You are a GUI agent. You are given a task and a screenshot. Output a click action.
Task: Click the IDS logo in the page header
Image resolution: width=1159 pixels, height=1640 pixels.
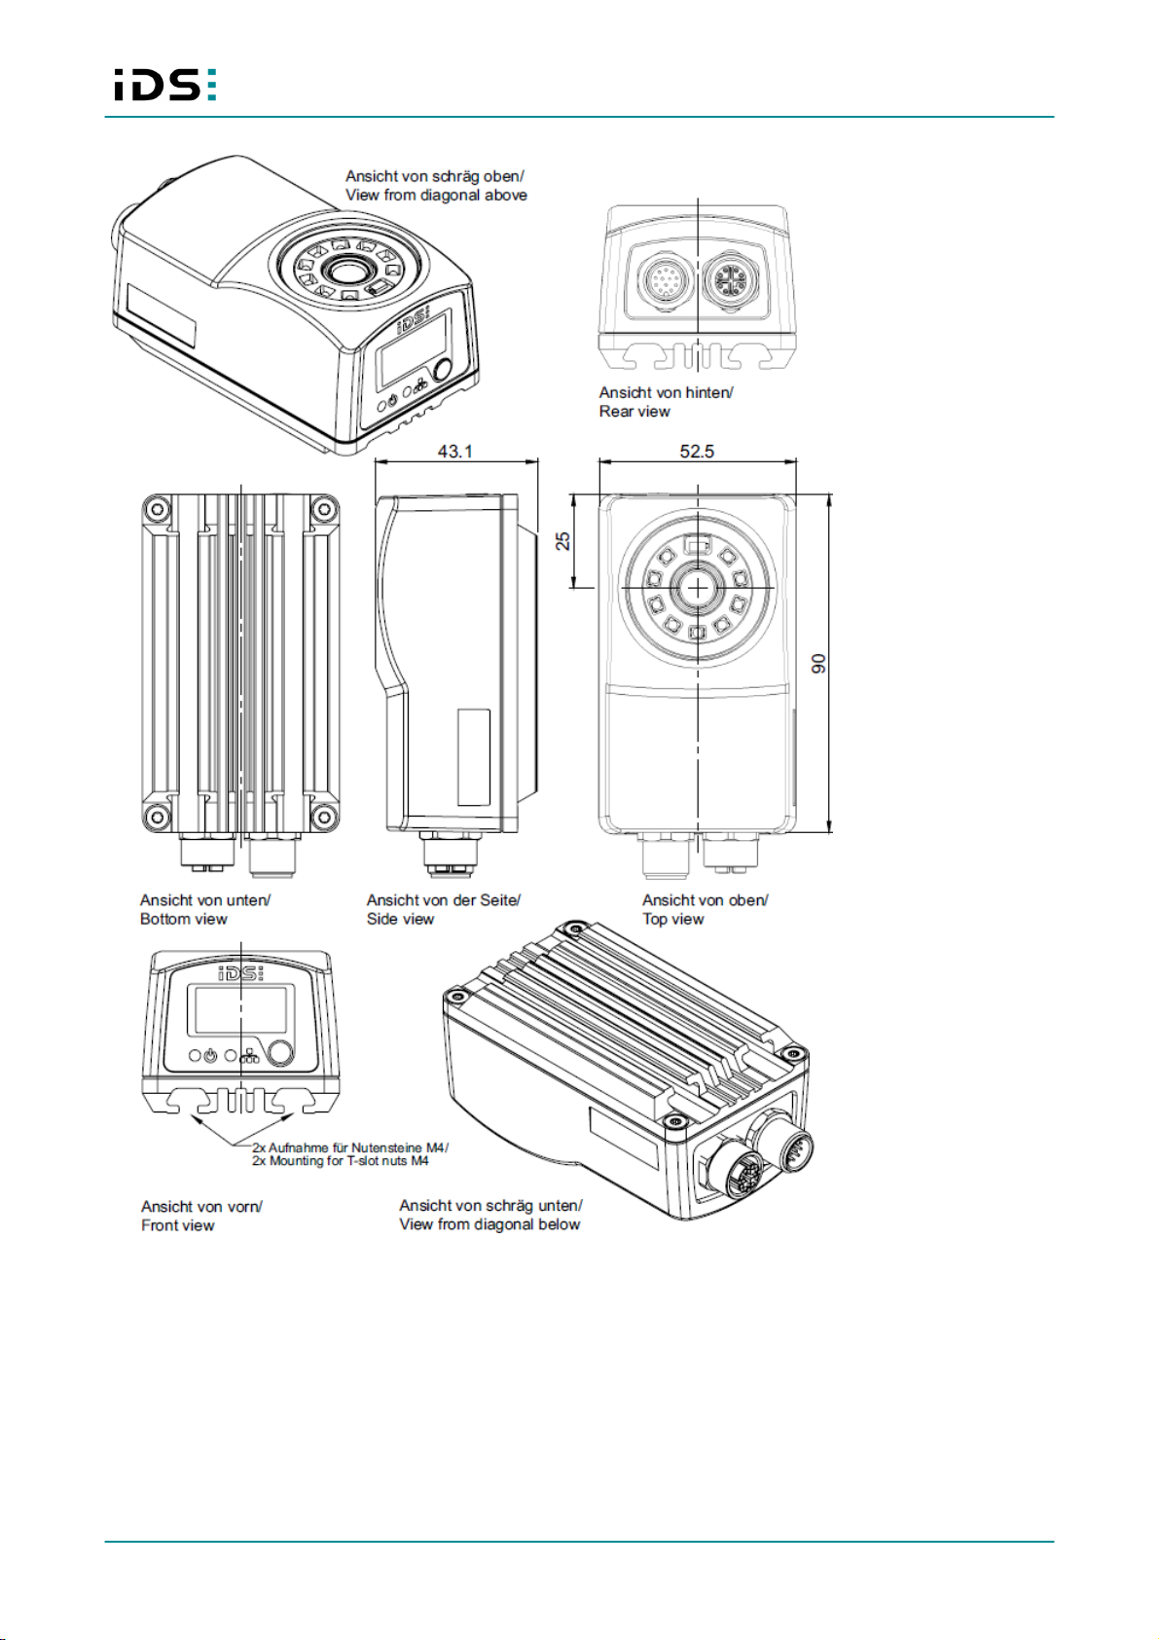(x=165, y=85)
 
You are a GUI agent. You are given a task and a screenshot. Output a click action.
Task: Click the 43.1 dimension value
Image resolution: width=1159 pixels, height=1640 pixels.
(x=454, y=451)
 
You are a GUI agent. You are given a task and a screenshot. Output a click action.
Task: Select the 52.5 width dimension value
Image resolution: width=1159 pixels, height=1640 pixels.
(x=697, y=451)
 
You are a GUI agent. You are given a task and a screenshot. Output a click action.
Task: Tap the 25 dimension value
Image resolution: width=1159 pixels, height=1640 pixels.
(x=562, y=540)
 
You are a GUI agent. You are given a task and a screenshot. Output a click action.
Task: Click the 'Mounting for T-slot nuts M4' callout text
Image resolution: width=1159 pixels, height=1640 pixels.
(x=341, y=1160)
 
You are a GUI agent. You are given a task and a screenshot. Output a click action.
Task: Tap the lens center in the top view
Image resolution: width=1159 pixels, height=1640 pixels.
(x=698, y=587)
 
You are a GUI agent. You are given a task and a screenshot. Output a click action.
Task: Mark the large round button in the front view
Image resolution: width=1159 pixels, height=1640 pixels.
(x=279, y=1053)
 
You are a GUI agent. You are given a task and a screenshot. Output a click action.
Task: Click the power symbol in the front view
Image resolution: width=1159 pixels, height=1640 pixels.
(x=211, y=1056)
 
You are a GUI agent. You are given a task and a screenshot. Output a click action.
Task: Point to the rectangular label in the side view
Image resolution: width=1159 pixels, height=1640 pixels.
(x=474, y=757)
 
